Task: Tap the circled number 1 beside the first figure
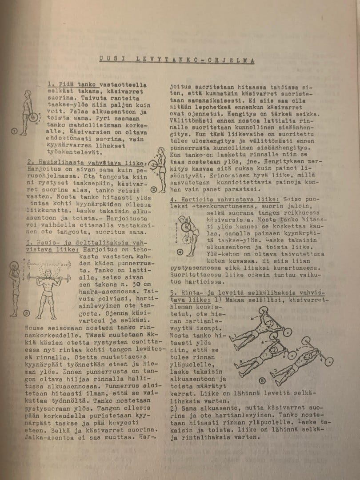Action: [x=14, y=131]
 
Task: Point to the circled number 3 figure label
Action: [x=26, y=313]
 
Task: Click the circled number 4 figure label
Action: [x=180, y=252]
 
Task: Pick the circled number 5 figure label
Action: [x=262, y=380]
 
